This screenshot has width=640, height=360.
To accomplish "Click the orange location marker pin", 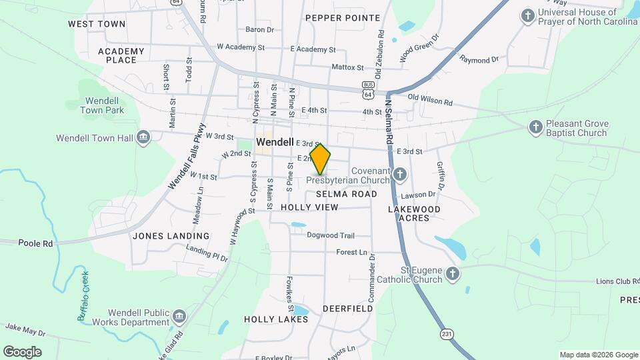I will click(320, 159).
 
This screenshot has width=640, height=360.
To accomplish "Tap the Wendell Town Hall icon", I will click(143, 138).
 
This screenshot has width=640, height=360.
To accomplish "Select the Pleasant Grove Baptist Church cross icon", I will click(535, 127).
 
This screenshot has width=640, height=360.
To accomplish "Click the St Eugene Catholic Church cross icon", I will click(453, 273).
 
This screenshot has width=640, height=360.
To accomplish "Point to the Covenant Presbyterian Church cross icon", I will click(399, 175).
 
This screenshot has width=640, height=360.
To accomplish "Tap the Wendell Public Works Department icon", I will click(179, 316).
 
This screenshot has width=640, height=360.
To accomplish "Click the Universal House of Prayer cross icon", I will click(528, 15).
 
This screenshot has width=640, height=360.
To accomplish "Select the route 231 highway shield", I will click(445, 332).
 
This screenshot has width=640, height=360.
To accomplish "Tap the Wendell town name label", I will click(275, 143).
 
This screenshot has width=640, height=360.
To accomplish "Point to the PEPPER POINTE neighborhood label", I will click(343, 18).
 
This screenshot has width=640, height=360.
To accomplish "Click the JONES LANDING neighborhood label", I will click(171, 236).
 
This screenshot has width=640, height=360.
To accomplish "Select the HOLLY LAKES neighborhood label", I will click(275, 319).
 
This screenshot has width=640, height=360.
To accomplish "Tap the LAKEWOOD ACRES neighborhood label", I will click(414, 213).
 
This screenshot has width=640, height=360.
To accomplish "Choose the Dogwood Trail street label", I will click(330, 235).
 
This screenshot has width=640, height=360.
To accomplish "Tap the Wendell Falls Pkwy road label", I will click(187, 157).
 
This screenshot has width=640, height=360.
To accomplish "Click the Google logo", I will click(22, 351).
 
